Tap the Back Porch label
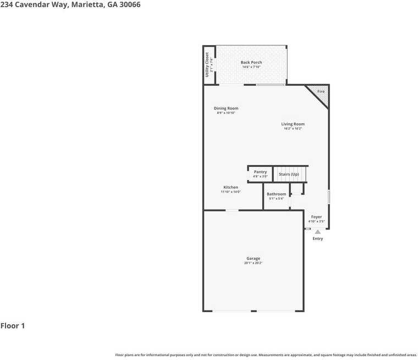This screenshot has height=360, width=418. coord(251,62)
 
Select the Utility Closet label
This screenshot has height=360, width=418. coord(207,64)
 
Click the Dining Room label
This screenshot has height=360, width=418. coord(226,108)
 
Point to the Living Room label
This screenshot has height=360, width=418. coord(293,124)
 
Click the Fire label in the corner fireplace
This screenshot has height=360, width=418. coord(321,91)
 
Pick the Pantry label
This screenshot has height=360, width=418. coord(260,172)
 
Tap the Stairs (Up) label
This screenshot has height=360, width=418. coord(289,174)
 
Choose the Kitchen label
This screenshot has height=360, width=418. coord(231,187)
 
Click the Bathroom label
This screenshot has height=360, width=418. coord(276,194)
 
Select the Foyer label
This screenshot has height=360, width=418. coord(316,217)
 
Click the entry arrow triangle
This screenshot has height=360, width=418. coord(317,232)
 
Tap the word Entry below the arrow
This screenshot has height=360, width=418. coord(318,239)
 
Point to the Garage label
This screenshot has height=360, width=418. coord(253,258)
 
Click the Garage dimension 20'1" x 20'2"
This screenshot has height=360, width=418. coord(253,263)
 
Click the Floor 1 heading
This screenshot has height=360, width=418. coord(13,326)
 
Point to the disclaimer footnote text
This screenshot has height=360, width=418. coord(266,355)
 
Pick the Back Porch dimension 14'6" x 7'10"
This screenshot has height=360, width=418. coord(251,67)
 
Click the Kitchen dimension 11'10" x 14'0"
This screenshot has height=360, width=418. coord(231,192)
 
